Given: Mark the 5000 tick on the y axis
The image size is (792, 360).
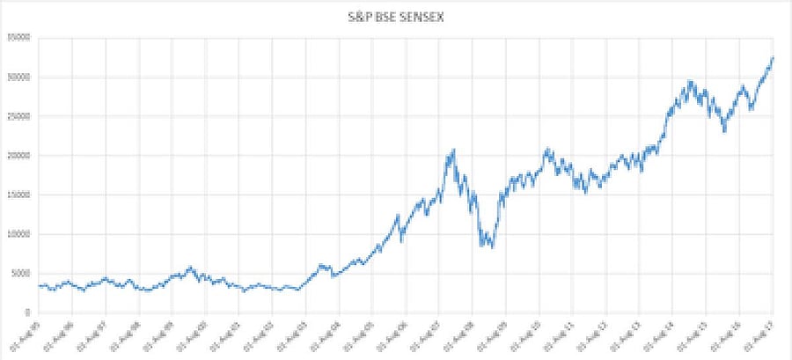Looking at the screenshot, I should click(x=19, y=273).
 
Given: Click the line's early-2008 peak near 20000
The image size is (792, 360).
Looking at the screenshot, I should click(x=453, y=151).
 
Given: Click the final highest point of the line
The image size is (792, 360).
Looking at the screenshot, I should click(x=772, y=58).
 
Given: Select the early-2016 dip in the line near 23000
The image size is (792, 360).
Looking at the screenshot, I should click(x=724, y=131).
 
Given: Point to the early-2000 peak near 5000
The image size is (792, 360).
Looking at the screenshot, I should click(x=190, y=267).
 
